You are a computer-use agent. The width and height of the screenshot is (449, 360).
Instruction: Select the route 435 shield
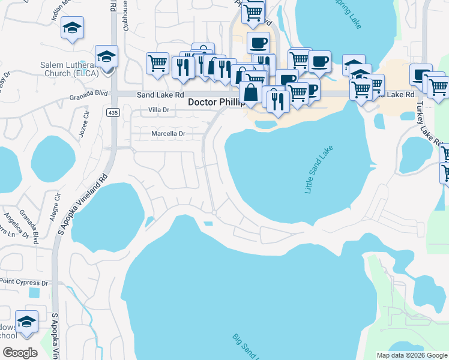[113, 112]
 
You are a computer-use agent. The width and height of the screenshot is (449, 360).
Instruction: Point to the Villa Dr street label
[160, 110]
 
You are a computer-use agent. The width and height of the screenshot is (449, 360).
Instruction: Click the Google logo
[20, 353]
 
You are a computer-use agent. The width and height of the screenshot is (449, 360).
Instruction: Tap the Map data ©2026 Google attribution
[412, 355]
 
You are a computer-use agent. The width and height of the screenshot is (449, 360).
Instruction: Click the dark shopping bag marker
[250, 93]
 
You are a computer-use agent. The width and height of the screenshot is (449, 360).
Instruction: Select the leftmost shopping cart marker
[157, 63]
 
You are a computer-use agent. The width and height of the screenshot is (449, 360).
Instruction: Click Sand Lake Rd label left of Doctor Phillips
[160, 95]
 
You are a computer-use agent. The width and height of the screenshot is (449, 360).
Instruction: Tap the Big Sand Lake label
[246, 348]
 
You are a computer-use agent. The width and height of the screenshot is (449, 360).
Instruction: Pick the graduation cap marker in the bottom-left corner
[26, 322]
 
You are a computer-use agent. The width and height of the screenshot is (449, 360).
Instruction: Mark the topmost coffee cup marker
[258, 43]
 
